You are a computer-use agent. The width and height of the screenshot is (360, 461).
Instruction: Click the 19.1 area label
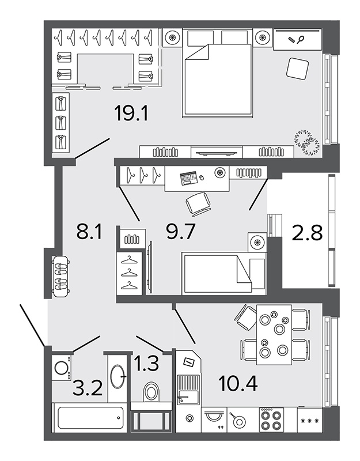132,114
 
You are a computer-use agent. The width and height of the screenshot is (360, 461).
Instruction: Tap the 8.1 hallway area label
89,231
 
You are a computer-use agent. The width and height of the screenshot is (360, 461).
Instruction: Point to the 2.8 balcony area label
308,233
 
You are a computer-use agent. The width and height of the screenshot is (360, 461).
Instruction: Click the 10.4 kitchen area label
238,383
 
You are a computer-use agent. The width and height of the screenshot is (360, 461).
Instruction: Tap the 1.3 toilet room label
146,363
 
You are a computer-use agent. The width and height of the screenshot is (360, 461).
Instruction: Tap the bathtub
90,418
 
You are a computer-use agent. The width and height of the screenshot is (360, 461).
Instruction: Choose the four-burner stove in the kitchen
271,420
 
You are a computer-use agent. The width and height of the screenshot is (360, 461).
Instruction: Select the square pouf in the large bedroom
297,68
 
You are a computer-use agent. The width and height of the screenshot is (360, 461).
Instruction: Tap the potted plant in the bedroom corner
308,142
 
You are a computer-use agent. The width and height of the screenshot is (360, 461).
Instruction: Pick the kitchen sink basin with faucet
188,390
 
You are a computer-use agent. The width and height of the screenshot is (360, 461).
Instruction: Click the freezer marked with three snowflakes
310,420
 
